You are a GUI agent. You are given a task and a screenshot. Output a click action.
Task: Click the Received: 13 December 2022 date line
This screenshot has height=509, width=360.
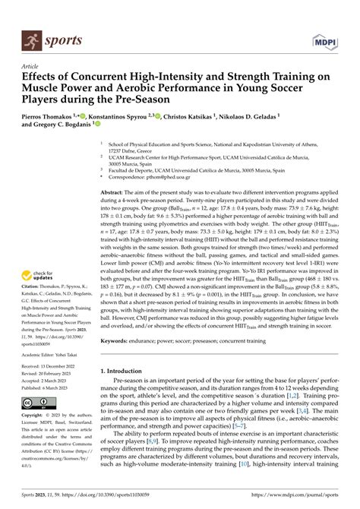pyautogui.click(x=52, y=367)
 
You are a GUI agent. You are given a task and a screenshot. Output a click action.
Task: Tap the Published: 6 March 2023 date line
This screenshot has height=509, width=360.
pyautogui.click(x=49, y=386)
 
